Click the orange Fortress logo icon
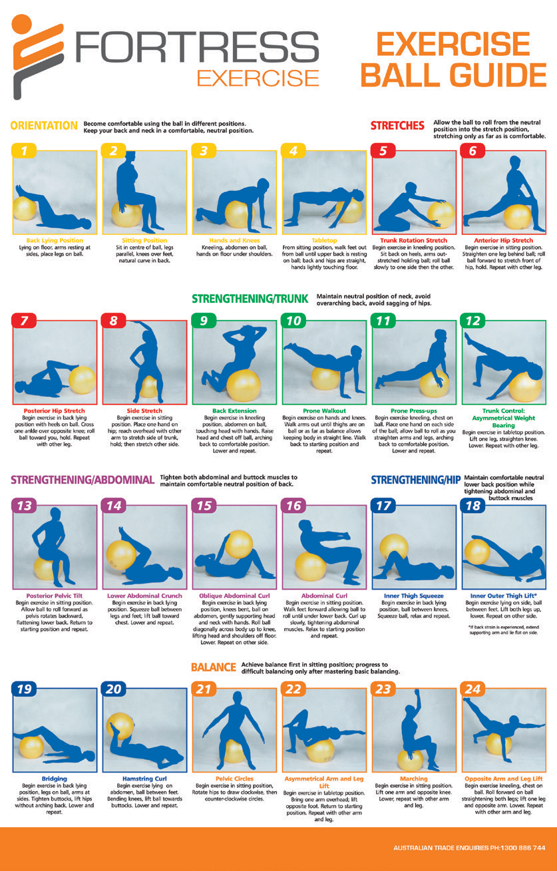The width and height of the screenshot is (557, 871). pyautogui.click(x=37, y=57)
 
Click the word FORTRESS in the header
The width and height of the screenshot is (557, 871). pyautogui.click(x=197, y=47)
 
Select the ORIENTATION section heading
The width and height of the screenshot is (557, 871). pyautogui.click(x=44, y=126)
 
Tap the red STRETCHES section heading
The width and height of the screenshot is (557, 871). pyautogui.click(x=397, y=126)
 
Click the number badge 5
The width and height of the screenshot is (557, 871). pyautogui.click(x=383, y=151)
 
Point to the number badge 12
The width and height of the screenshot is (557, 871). pyautogui.click(x=472, y=321)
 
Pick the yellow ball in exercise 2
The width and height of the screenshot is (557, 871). pyautogui.click(x=127, y=214)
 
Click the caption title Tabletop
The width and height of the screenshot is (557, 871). pyautogui.click(x=324, y=240)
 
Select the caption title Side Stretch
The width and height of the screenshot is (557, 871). pyautogui.click(x=144, y=411)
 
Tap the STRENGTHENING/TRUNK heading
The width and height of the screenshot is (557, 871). pyautogui.click(x=250, y=299)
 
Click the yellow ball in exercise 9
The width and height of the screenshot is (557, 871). pyautogui.click(x=243, y=385)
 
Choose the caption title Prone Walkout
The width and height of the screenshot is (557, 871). pyautogui.click(x=324, y=411)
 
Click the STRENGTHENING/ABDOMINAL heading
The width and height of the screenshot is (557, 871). pyautogui.click(x=83, y=480)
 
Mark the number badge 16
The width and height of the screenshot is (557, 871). pyautogui.click(x=293, y=506)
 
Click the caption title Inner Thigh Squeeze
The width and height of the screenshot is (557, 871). pyautogui.click(x=414, y=596)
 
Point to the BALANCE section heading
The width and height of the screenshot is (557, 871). pyautogui.click(x=214, y=667)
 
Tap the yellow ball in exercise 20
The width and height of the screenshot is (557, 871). pyautogui.click(x=121, y=726)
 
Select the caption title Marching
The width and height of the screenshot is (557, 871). pyautogui.click(x=414, y=779)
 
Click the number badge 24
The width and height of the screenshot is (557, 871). pyautogui.click(x=472, y=689)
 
